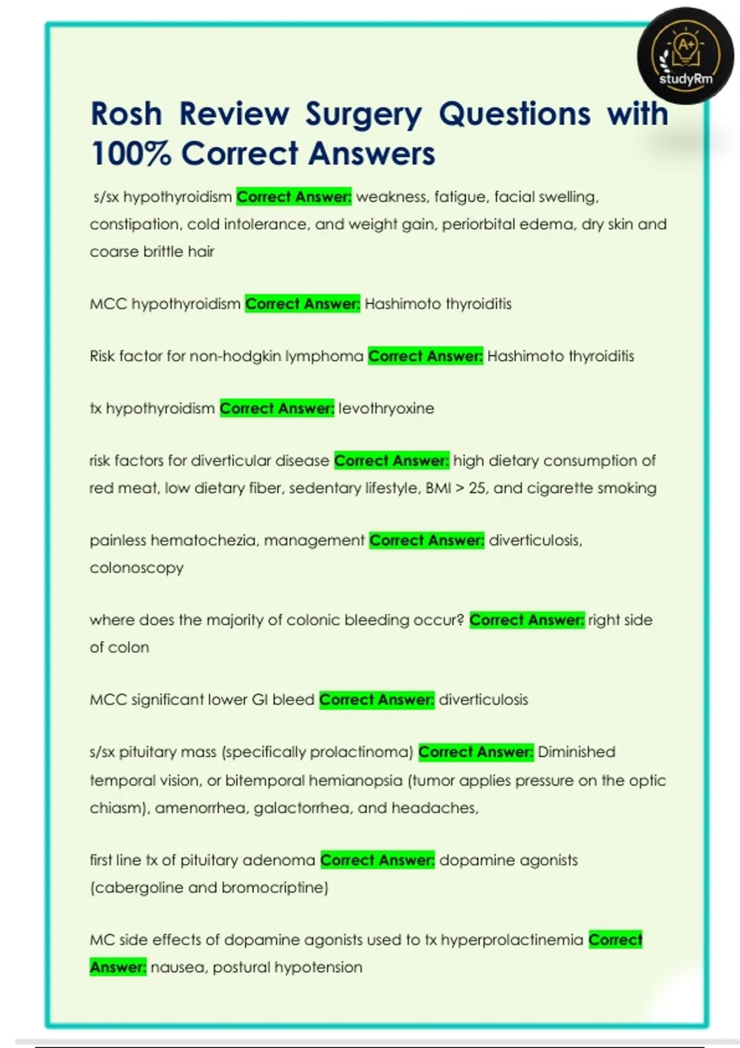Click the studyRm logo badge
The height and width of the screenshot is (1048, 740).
tap(685, 56)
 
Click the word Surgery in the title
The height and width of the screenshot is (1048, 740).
tap(364, 114)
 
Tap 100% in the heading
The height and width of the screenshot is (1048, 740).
tap(130, 154)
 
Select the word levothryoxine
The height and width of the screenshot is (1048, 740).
tap(386, 408)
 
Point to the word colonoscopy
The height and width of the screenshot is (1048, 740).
tap(136, 568)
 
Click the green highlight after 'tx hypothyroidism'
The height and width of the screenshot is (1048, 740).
tap(277, 408)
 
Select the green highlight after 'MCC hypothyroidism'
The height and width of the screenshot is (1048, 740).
tap(302, 304)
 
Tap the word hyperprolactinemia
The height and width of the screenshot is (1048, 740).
tap(512, 940)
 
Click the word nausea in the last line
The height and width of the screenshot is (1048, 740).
tap(179, 967)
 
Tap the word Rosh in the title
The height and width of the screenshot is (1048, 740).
tap(126, 114)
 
